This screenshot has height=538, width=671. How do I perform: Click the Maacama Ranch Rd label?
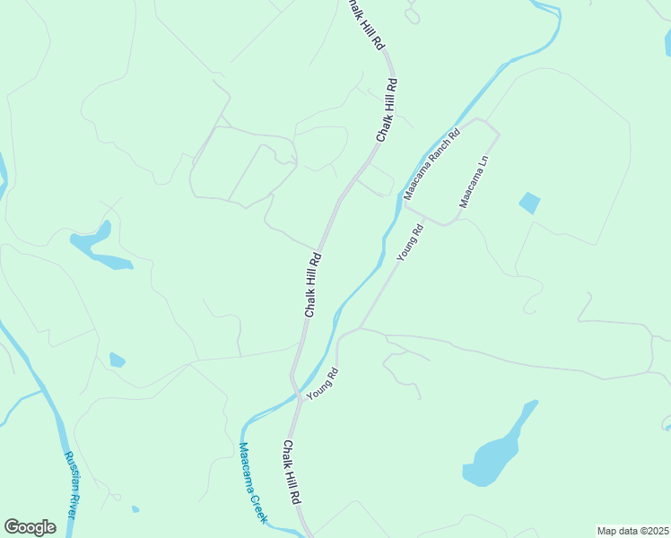pyautogui.click(x=431, y=163)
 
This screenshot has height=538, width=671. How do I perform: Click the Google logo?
pyautogui.click(x=30, y=527)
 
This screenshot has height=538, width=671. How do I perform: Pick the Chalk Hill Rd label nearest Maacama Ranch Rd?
pyautogui.click(x=387, y=109)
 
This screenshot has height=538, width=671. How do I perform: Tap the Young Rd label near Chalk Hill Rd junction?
pyautogui.click(x=322, y=384)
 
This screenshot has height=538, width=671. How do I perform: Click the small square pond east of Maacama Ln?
pyautogui.click(x=530, y=204)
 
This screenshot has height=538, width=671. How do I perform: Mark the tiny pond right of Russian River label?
pyautogui.click(x=135, y=509)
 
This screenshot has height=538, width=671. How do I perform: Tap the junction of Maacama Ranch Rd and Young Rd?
pyautogui.click(x=406, y=204)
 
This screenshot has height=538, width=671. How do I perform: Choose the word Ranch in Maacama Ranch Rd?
pyautogui.click(x=433, y=161)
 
